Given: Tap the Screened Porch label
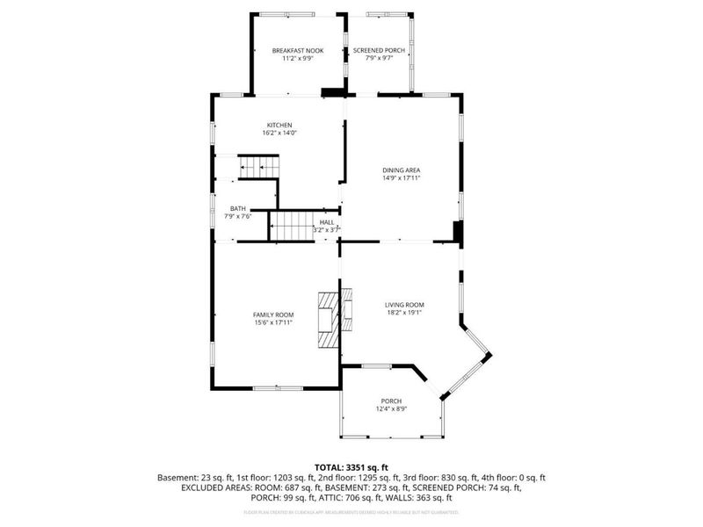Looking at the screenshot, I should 380,51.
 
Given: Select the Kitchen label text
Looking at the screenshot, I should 279,125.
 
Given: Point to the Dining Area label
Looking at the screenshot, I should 401,170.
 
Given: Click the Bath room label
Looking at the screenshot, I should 238,209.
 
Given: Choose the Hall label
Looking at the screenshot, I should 327,222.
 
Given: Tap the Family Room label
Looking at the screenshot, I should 273,314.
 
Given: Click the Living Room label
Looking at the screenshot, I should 404,305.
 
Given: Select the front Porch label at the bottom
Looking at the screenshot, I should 391,401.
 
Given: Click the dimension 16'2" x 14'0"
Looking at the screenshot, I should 279,133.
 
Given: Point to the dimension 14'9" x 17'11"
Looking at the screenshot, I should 401,178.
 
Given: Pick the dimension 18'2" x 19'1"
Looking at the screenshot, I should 404,313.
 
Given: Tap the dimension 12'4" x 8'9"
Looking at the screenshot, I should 391,408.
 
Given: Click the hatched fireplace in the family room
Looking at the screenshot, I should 329,321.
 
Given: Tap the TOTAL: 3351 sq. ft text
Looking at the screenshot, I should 351,467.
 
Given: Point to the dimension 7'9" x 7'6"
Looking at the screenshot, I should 238,217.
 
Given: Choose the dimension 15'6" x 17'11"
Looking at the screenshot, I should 273,322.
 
